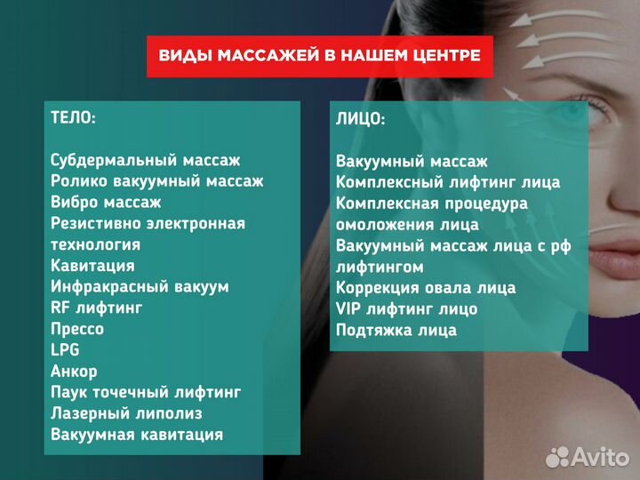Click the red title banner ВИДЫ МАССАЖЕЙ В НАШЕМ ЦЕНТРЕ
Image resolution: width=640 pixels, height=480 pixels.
319,55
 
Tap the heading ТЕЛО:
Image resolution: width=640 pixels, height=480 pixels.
74,118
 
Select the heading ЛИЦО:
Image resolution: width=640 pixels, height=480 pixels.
361,119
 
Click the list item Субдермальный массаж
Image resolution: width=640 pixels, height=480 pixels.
146,160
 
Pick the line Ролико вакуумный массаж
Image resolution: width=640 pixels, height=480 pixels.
157,180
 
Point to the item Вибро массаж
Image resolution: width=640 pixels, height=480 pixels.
106,202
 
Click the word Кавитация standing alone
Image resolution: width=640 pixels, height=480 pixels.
92,265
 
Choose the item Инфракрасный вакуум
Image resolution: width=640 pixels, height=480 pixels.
140,286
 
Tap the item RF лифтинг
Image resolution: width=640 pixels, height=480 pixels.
96,308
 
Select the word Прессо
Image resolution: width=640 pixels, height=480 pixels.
77,329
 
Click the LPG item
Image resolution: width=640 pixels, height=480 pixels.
65,350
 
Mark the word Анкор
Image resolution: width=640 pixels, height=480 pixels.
74,372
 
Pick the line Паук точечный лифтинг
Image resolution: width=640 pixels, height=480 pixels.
146,392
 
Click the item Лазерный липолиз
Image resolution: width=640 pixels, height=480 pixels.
126,413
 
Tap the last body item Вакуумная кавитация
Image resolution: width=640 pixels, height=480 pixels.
137,435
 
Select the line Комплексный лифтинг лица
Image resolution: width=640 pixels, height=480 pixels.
448,182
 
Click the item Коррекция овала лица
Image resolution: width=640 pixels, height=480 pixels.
426,288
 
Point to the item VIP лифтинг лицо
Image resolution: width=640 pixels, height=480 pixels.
406,309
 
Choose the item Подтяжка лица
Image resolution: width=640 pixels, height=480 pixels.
396,331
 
